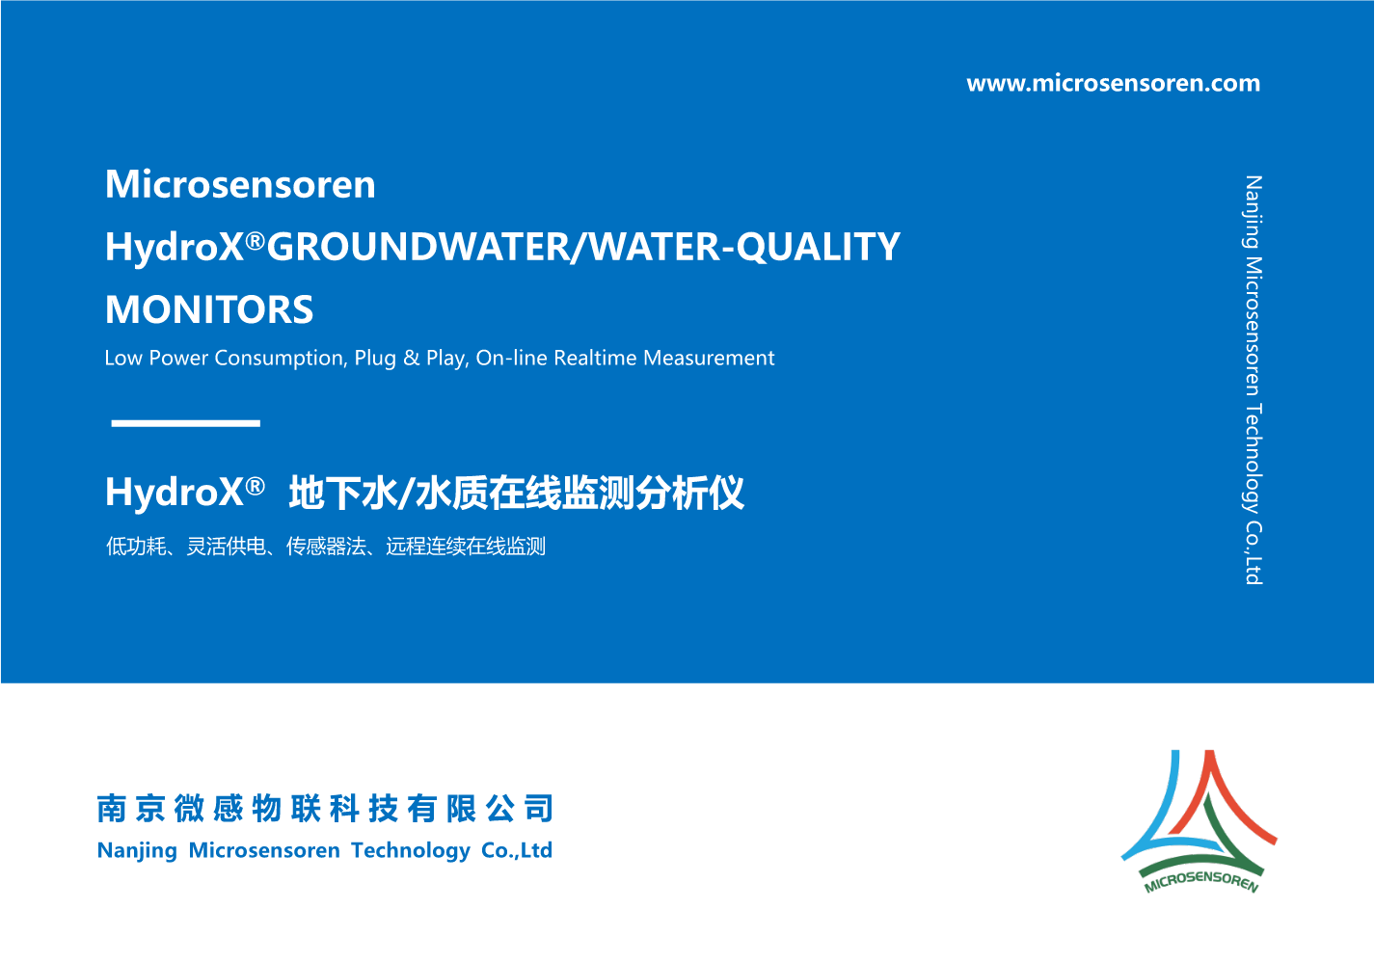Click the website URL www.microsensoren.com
pyautogui.click(x=1113, y=83)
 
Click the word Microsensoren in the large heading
pyautogui.click(x=240, y=184)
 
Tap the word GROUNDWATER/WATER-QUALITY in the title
pyautogui.click(x=582, y=247)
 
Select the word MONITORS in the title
pyautogui.click(x=208, y=309)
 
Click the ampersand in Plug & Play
pyautogui.click(x=411, y=358)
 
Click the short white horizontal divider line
pyautogui.click(x=185, y=423)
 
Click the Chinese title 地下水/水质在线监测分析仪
pyautogui.click(x=516, y=493)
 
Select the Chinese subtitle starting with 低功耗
pyautogui.click(x=325, y=546)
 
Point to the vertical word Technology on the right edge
pyautogui.click(x=1254, y=459)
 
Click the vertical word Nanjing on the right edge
pyautogui.click(x=1254, y=212)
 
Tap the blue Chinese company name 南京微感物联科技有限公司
pyautogui.click(x=325, y=808)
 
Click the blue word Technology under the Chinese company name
pyautogui.click(x=410, y=850)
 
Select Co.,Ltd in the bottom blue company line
pyautogui.click(x=517, y=850)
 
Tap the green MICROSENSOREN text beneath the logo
pyautogui.click(x=1201, y=881)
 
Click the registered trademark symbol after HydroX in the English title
pyautogui.click(x=255, y=241)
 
